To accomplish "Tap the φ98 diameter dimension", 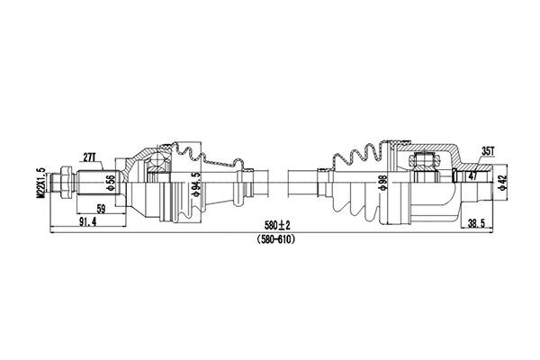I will coord(383,184).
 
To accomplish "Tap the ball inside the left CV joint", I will coord(160,162).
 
